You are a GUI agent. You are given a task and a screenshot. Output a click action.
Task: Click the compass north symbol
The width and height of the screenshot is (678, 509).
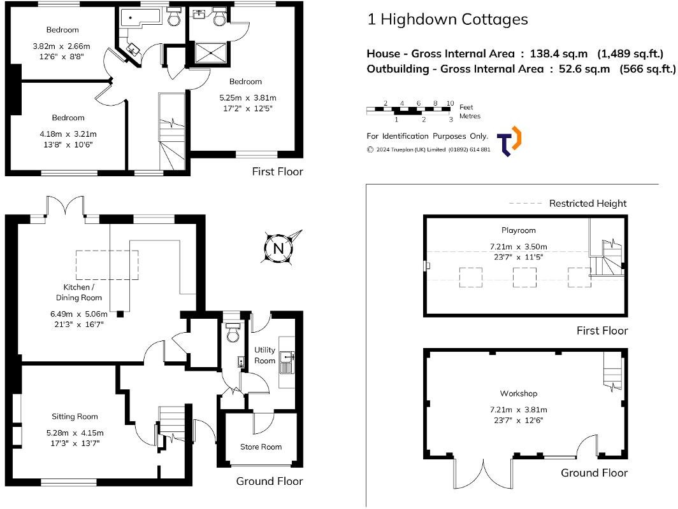(278, 248)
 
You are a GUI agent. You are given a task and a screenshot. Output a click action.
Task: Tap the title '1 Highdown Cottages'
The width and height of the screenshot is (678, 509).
(447, 19)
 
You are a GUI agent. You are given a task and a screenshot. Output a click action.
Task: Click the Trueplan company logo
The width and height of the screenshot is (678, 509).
(510, 141)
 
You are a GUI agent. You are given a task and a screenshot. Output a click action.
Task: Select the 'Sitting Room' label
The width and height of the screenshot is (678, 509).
(75, 417)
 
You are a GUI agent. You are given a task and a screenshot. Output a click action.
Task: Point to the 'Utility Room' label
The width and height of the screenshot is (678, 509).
(265, 355)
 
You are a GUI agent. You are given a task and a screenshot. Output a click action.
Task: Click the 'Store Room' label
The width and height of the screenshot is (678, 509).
(261, 447)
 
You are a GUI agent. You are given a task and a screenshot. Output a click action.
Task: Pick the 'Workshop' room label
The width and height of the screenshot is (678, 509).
(518, 393)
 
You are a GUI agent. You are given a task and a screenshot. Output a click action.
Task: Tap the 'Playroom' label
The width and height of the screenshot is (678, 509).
(518, 230)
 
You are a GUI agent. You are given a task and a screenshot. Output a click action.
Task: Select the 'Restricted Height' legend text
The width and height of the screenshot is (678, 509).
(588, 204)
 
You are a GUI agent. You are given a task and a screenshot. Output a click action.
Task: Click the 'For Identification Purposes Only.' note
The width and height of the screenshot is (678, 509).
(427, 136)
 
